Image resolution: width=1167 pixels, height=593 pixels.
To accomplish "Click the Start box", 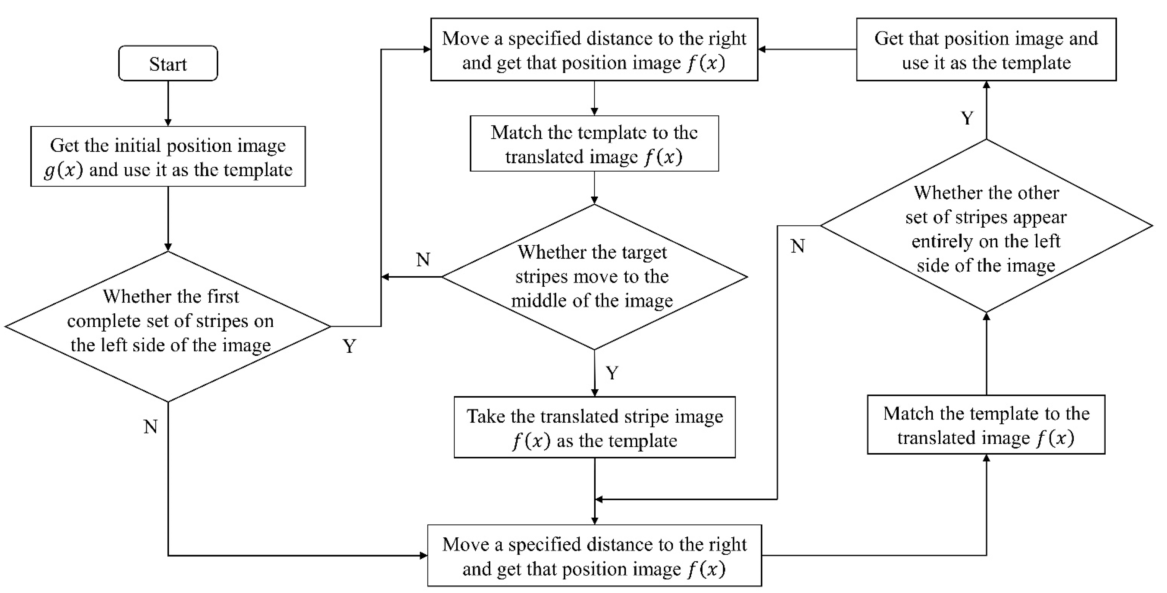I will pyautogui.click(x=168, y=63).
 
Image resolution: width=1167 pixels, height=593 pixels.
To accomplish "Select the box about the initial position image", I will pyautogui.click(x=168, y=157).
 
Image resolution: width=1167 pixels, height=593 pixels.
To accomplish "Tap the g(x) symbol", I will pyautogui.click(x=63, y=170).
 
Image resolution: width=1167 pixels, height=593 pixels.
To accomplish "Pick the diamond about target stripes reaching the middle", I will pyautogui.click(x=594, y=277).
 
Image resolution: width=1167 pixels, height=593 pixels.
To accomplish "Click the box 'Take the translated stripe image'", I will pyautogui.click(x=594, y=428).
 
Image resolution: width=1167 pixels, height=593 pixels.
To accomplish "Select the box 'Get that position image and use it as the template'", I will pyautogui.click(x=986, y=50).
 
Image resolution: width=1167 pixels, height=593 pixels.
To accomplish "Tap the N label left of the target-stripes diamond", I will pyautogui.click(x=423, y=259).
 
